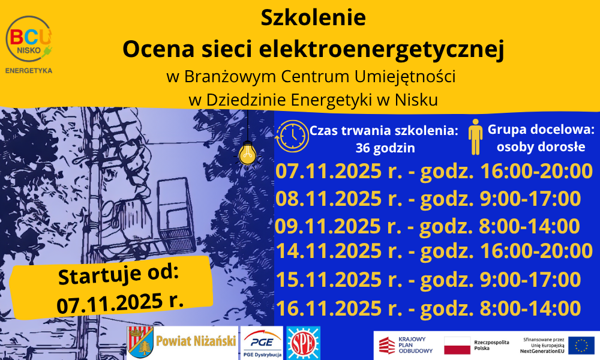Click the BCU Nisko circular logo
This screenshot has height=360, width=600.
(x=29, y=38)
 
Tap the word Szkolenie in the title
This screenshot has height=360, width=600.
(x=313, y=17)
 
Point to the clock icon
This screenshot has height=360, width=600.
(x=293, y=136)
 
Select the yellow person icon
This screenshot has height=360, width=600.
(x=475, y=137)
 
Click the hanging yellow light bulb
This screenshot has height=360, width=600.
(x=248, y=154)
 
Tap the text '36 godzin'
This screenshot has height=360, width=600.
(x=385, y=148)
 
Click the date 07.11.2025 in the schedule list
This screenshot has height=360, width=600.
(x=328, y=171)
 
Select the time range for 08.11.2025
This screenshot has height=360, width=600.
(x=530, y=199)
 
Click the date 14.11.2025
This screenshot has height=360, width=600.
(x=328, y=251)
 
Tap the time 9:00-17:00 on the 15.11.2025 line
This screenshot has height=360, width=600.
(x=530, y=280)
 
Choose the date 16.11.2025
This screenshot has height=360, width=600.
(x=328, y=308)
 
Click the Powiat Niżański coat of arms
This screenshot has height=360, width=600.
(x=140, y=342)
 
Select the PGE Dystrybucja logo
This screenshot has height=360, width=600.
(x=262, y=343)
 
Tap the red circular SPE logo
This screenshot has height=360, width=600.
(x=304, y=343)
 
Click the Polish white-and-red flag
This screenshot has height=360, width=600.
(x=457, y=345)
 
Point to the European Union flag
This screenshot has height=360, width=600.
(x=581, y=344)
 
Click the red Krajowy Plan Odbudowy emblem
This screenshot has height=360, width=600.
(x=387, y=345)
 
